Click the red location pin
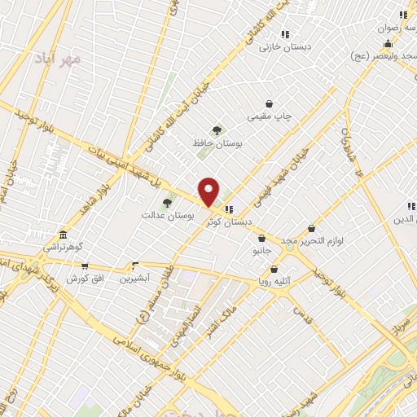click(x=208, y=191)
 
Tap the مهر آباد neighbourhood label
click(x=59, y=59)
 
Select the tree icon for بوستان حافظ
click(x=217, y=130)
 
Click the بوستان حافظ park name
click(x=217, y=143)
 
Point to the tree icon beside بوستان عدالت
click(x=167, y=203)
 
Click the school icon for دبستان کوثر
click(x=229, y=208)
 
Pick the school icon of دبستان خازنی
click(x=285, y=34)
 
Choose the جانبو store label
click(x=261, y=251)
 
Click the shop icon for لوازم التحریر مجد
click(x=312, y=229)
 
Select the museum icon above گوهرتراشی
click(x=63, y=234)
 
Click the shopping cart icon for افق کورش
click(x=84, y=266)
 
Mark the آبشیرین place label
click(x=135, y=279)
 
